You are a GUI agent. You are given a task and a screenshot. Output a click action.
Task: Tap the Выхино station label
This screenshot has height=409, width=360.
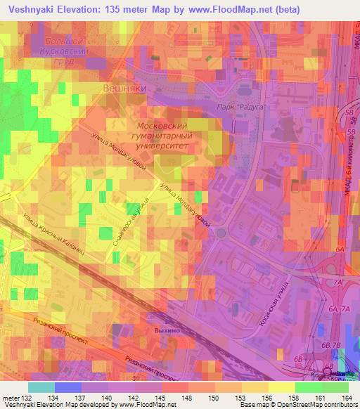point(166,329)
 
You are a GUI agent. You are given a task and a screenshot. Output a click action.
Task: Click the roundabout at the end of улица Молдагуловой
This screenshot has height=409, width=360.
point(221,233)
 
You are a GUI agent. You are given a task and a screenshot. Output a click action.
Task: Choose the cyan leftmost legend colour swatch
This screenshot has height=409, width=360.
point(41,387)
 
